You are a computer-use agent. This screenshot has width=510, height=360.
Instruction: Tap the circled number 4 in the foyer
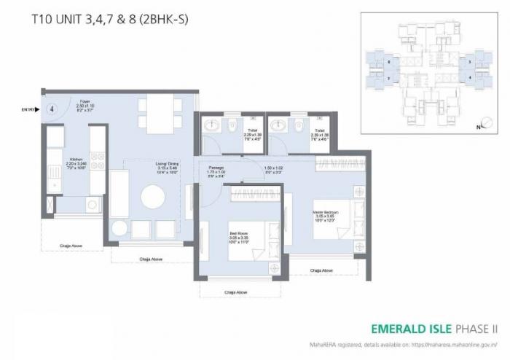coord(52,109)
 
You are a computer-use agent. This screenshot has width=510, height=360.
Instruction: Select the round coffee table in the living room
coord(153,197)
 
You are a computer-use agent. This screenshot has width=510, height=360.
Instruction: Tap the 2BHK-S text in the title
coord(168,20)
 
